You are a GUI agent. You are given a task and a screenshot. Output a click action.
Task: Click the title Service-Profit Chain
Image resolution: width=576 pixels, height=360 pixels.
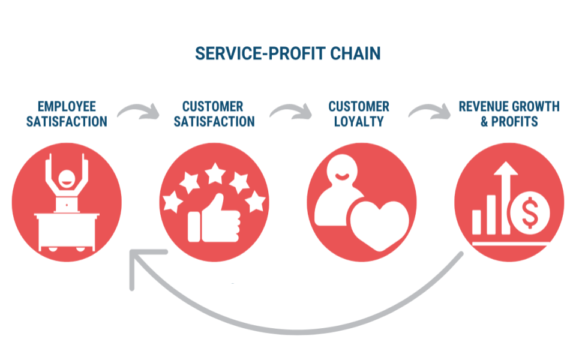coord(288,53)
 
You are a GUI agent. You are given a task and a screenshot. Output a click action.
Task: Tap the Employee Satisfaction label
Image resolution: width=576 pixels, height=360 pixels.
coord(67,114)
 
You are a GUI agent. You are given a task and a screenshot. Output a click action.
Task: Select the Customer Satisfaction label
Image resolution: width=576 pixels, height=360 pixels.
coord(213,114)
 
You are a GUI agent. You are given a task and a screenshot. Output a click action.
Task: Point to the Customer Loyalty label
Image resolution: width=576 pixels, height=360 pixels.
coord(359,114)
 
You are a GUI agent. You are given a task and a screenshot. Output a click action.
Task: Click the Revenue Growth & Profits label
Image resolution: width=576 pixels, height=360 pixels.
coord(509,114)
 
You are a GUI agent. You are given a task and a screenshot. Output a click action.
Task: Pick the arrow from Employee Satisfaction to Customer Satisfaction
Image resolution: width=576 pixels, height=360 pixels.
coord(139,111)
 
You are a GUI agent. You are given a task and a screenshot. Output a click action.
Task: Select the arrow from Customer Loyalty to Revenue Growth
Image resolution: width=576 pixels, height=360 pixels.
coord(430,111)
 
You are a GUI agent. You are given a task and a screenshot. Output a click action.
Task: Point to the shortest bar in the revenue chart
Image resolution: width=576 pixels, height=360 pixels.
coord(477,221)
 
